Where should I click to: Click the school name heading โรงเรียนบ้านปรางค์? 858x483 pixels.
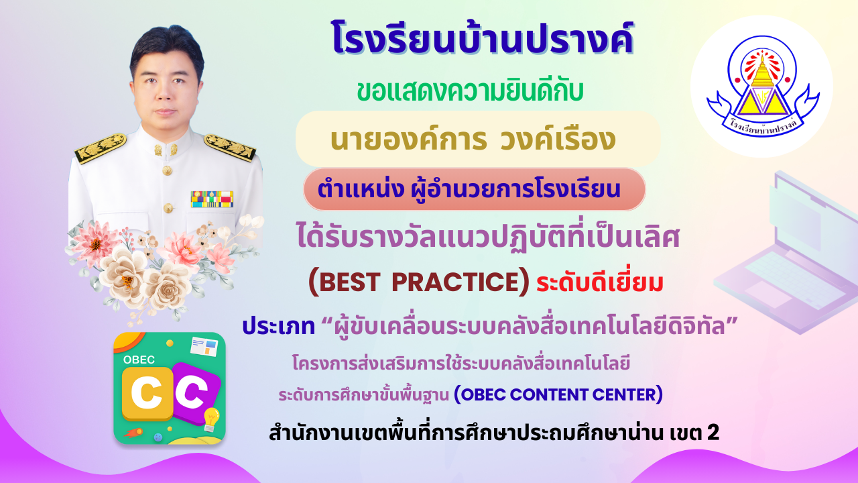483,39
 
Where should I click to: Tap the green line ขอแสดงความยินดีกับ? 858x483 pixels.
470,92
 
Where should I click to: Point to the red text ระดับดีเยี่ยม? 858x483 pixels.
599,282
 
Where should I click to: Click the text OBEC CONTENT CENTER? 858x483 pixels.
558,394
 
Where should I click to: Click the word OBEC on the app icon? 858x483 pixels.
139,360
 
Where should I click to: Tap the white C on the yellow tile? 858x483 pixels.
147,393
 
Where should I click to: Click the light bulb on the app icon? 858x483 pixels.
211,419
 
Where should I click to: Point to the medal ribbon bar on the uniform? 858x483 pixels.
212,199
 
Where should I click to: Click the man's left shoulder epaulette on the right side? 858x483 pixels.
229,147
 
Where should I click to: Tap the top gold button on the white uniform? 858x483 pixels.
167,170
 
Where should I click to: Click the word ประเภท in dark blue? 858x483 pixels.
278,327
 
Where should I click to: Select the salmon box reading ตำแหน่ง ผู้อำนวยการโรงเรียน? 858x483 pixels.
474,189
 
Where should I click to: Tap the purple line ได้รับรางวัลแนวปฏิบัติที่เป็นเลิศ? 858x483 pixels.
488,237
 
